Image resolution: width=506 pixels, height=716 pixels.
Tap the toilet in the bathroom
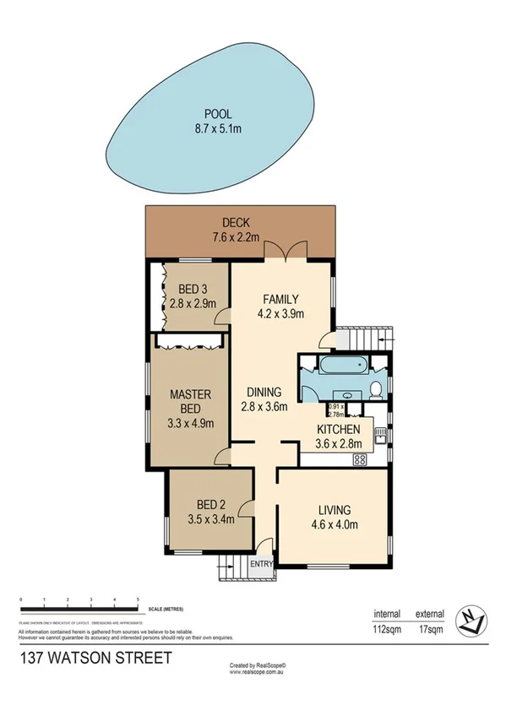pyautogui.click(x=376, y=388)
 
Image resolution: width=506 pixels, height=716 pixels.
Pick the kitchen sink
pyautogui.click(x=381, y=436)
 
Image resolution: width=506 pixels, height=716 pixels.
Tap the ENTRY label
pyautogui.click(x=262, y=564)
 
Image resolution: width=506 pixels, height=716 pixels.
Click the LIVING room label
pyautogui.click(x=335, y=509)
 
